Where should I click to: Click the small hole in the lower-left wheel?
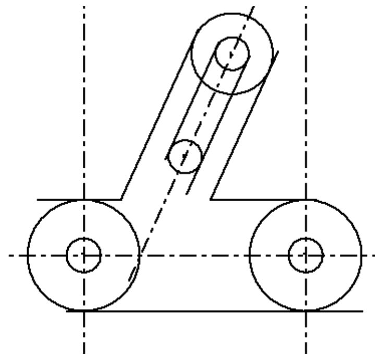[84, 255]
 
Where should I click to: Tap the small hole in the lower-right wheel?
[306, 255]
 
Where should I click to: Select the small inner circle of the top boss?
[232, 54]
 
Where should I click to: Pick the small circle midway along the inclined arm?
[185, 156]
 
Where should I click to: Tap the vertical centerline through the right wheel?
[306, 130]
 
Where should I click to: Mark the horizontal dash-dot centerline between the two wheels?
[193, 255]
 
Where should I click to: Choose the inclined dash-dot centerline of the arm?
[208, 104]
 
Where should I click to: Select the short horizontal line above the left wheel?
[63, 199]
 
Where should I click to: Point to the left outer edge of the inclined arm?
[156, 125]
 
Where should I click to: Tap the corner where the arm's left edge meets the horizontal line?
[121, 199]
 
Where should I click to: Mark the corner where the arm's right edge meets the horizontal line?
[210, 199]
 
